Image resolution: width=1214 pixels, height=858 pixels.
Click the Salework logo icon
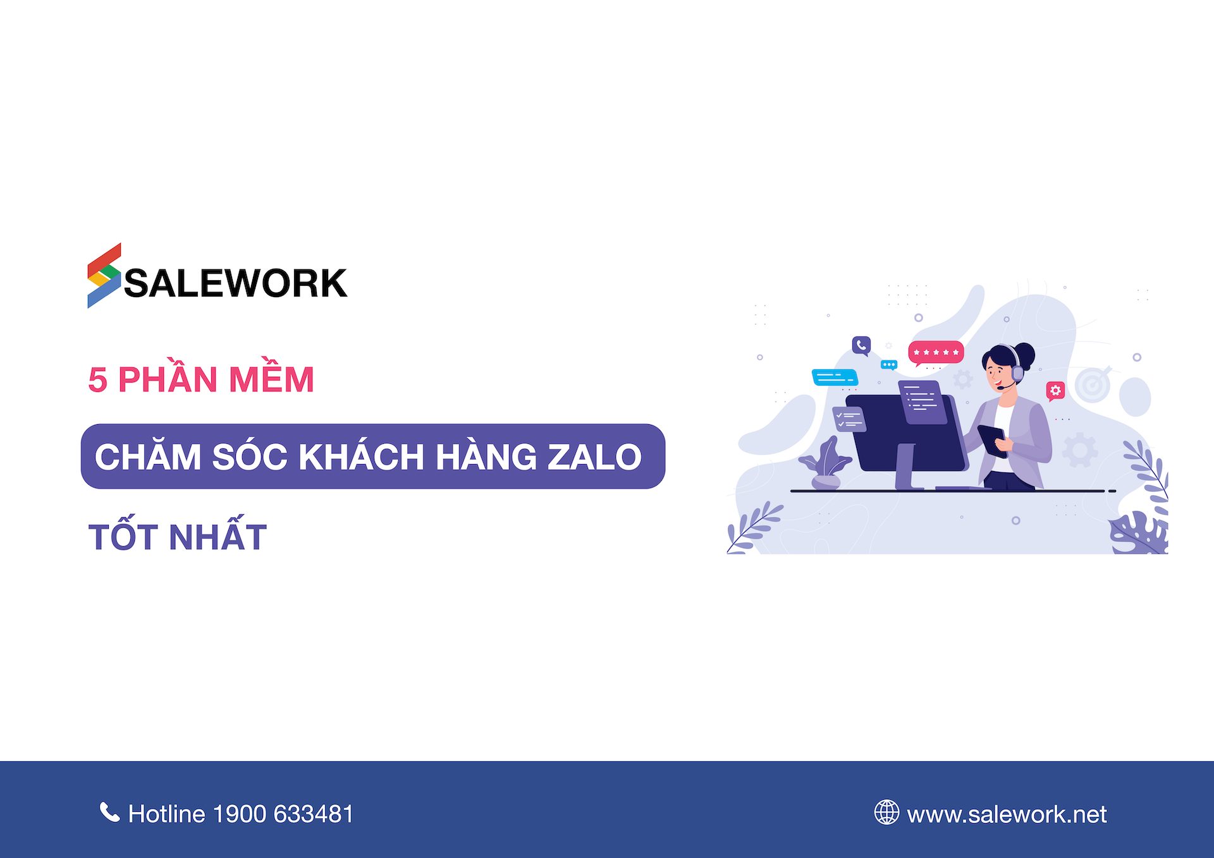coord(104,276)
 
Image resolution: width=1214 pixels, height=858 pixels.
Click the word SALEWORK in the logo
coord(236,283)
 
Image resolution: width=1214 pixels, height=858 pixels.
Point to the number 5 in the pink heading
coord(97,380)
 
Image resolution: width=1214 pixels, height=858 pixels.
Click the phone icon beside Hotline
coord(109,812)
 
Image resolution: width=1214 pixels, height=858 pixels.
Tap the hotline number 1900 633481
coord(283,814)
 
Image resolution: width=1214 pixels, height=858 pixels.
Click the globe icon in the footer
coord(886,812)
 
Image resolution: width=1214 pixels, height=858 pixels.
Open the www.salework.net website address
coord(1007,814)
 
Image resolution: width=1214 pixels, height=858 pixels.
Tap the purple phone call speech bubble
coord(861,345)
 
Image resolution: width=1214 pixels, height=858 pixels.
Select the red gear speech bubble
coord(1055,391)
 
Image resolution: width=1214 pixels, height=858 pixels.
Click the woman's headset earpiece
coord(1017,373)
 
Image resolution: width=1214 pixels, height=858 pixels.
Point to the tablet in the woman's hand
coord(992,440)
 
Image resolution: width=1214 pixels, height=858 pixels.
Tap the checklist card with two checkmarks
coord(849,418)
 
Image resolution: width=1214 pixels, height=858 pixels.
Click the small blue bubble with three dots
coord(889,365)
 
